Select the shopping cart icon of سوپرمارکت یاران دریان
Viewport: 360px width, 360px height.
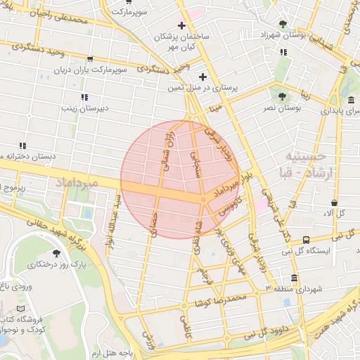click(x=90, y=60)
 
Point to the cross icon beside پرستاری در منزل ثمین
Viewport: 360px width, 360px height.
click(x=202, y=77)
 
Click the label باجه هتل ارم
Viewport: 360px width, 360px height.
click(x=116, y=351)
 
